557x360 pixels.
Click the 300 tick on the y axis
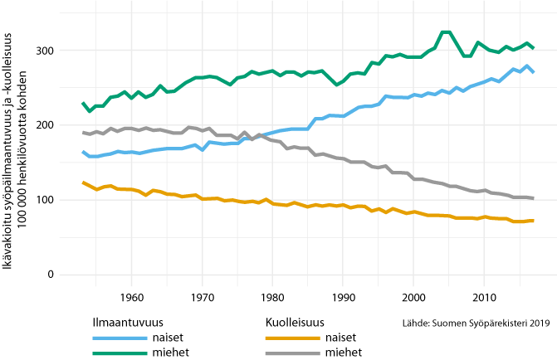45,51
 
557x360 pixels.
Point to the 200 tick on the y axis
45,125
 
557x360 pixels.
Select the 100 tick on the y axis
45,200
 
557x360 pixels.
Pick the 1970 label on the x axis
202,297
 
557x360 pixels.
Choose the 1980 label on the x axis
272,297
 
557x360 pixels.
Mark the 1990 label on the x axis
343,297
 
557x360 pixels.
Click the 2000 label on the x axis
413,297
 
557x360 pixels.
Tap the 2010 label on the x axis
484,297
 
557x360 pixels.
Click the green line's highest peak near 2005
445,32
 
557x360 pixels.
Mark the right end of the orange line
533,220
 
